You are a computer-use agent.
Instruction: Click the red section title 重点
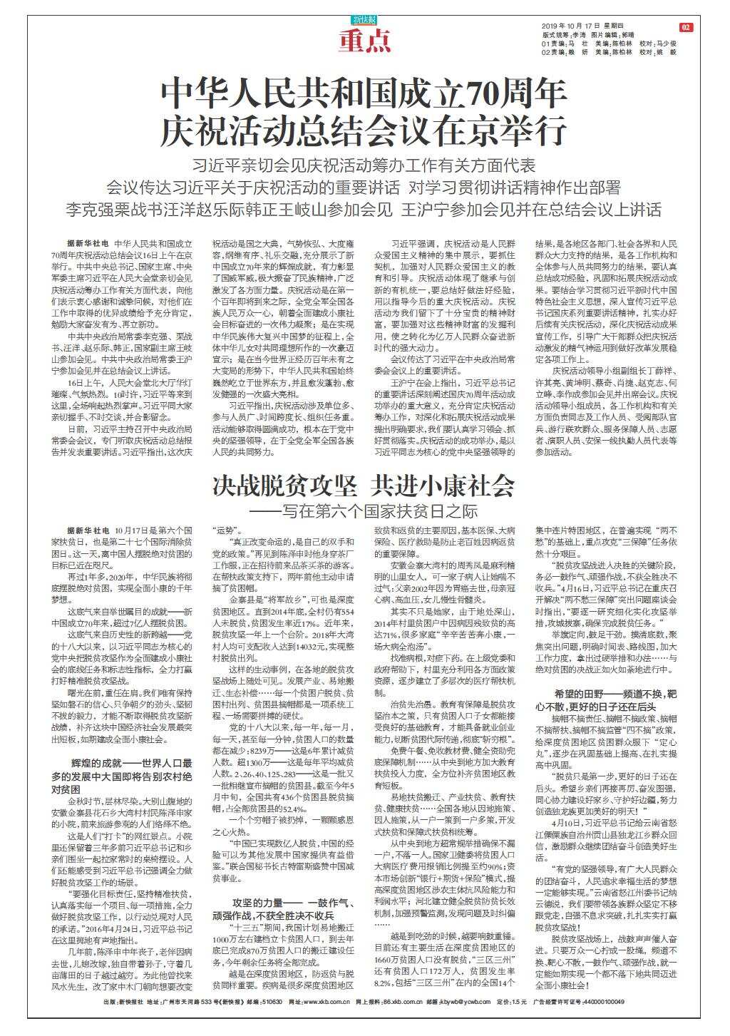tap(365, 42)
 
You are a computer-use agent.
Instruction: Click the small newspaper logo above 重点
tap(365, 20)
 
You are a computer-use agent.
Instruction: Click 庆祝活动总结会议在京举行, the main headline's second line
tap(364, 130)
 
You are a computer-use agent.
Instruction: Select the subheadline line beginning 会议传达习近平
tap(364, 188)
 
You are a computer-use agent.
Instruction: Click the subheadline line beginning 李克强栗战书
tap(364, 210)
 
